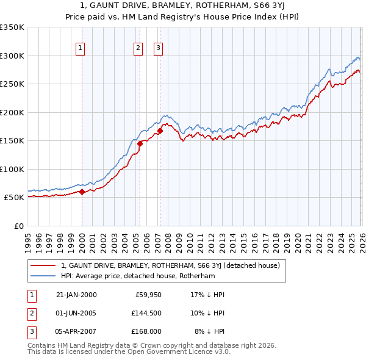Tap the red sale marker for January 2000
click(82, 192)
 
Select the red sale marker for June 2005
click(140, 144)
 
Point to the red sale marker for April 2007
click(159, 131)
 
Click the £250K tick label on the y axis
click(12, 84)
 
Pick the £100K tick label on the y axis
click(12, 169)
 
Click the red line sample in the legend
click(43, 265)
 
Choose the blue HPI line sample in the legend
click(43, 276)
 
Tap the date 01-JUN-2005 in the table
click(76, 313)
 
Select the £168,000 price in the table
click(146, 331)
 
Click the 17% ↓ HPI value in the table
click(207, 295)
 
